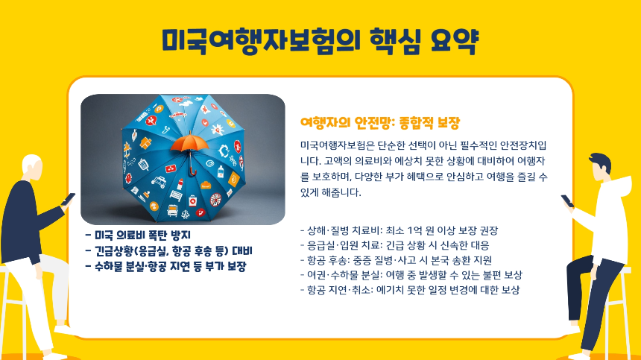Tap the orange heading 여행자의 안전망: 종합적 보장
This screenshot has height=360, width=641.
pos(380,121)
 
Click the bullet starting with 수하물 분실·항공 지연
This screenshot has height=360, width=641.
pos(166,265)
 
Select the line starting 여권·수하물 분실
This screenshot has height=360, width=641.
pos(411,275)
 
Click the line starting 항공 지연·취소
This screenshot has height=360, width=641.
pos(410,290)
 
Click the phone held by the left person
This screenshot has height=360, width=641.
pos(68,199)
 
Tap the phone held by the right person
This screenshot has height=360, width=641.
pos(567,200)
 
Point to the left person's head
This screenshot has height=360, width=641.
pos(33,168)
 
